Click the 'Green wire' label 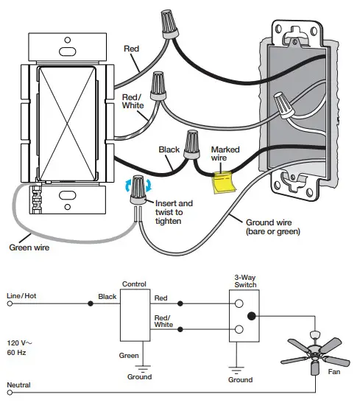(29, 247)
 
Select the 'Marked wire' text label (225, 154)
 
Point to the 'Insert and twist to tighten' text (174, 212)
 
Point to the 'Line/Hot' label (21, 295)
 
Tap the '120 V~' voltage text (21, 344)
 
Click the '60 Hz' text (18, 354)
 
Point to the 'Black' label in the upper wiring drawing (169, 150)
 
